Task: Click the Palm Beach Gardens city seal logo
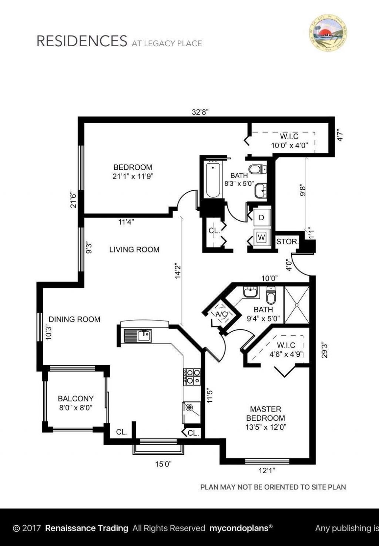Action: point(328,33)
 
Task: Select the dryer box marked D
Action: point(261,218)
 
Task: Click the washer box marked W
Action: point(261,237)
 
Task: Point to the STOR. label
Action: point(287,242)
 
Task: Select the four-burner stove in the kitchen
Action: point(192,376)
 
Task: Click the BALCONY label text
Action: point(76,399)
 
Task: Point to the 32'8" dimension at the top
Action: point(201,112)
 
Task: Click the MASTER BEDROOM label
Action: point(265,414)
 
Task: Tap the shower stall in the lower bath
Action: point(296,305)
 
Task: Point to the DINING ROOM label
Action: point(74,319)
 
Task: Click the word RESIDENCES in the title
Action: point(81,41)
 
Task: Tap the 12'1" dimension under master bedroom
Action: point(266,471)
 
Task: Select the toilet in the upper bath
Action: point(257,170)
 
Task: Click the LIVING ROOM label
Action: point(134,250)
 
